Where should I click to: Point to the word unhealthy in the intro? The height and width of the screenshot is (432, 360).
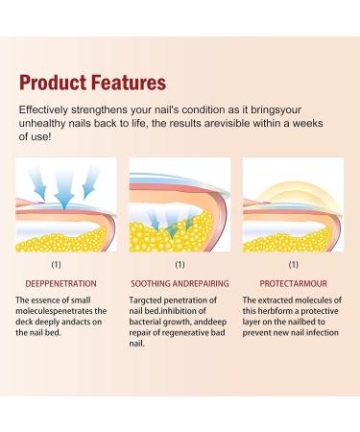[46, 125]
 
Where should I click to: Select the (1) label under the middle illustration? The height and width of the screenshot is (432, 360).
[180, 263]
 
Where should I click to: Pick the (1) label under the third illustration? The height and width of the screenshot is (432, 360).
[294, 263]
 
